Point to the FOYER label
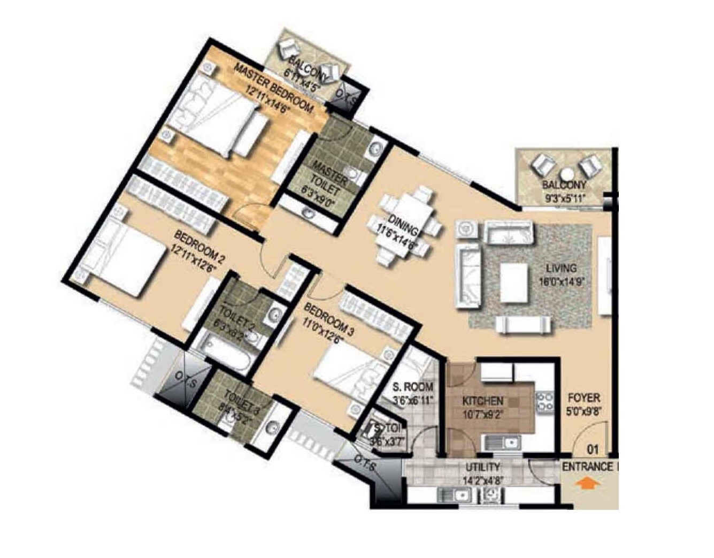[584, 398]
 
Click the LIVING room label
[561, 269]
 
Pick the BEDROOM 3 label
[329, 319]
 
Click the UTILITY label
[482, 467]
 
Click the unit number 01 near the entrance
[593, 449]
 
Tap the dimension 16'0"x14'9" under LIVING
[562, 281]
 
